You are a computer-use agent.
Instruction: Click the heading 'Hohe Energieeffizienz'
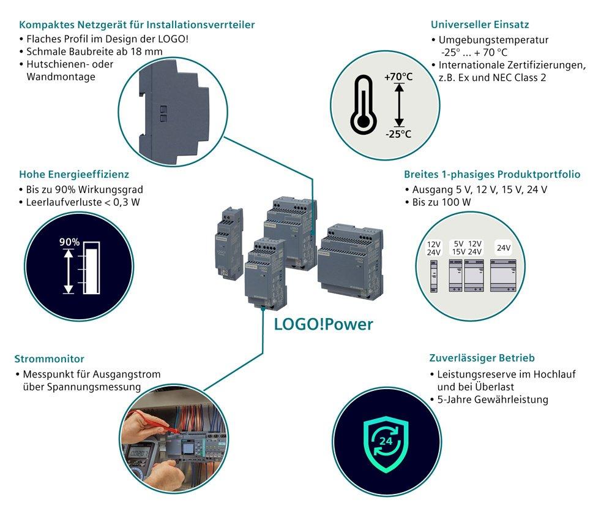[x=74, y=175]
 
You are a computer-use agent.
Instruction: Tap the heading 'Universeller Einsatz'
[x=480, y=25]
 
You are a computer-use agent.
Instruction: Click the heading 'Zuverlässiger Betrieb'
[x=482, y=358]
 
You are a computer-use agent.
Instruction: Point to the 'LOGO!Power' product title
[x=323, y=324]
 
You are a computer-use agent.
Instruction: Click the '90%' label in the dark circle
[x=69, y=242]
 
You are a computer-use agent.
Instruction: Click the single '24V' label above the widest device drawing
[x=504, y=248]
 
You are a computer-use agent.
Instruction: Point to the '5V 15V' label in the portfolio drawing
[x=458, y=248]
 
